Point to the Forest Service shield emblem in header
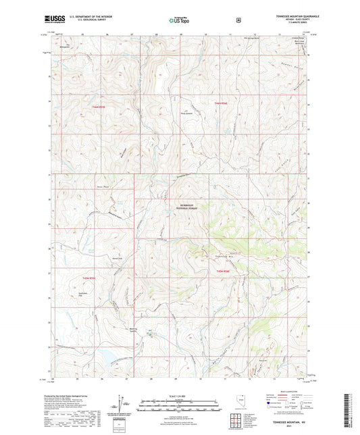tap(238, 20)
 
